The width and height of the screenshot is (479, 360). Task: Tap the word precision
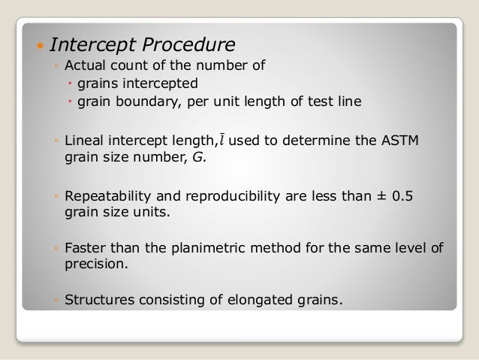pos(95,265)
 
